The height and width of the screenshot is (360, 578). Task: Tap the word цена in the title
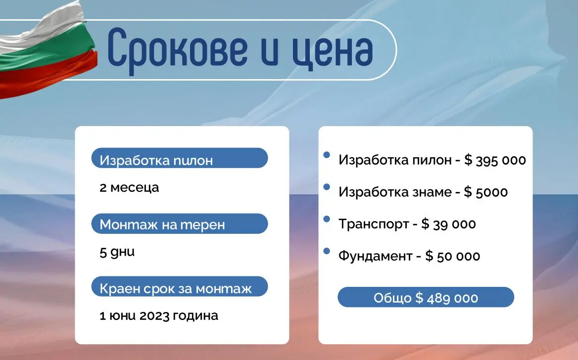[333, 50]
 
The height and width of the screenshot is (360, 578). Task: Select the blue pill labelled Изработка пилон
[180, 158]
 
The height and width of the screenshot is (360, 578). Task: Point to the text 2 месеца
[129, 187]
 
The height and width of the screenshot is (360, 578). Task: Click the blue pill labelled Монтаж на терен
[180, 224]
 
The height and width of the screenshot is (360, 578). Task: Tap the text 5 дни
[117, 252]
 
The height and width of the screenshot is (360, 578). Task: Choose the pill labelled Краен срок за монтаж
[180, 286]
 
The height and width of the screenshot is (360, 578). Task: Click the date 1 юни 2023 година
[159, 316]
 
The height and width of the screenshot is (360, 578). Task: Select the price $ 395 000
[495, 160]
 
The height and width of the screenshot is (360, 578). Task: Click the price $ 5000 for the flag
[486, 192]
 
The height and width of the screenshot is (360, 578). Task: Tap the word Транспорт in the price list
[374, 224]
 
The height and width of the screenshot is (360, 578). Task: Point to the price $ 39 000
[449, 224]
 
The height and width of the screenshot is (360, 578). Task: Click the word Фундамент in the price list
[375, 256]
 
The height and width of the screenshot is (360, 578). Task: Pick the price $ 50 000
[453, 256]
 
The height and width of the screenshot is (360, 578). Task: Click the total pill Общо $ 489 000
[426, 297]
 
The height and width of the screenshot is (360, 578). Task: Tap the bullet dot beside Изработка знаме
[327, 187]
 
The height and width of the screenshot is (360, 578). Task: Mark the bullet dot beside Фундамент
[327, 251]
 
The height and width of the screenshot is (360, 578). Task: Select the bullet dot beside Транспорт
[327, 219]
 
